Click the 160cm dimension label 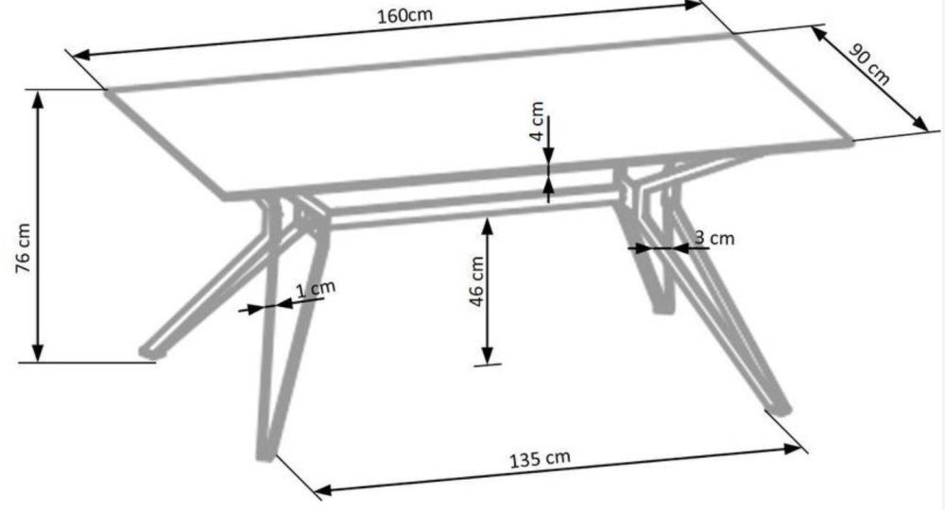pyautogui.click(x=405, y=15)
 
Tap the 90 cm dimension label pyautogui.click(x=868, y=64)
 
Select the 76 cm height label pyautogui.click(x=23, y=248)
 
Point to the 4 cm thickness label pyautogui.click(x=537, y=121)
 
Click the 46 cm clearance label pyautogui.click(x=476, y=281)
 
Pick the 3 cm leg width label pyautogui.click(x=714, y=238)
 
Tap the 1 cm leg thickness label pyautogui.click(x=316, y=290)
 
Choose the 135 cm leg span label pyautogui.click(x=540, y=459)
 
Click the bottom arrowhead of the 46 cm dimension pyautogui.click(x=489, y=355)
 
